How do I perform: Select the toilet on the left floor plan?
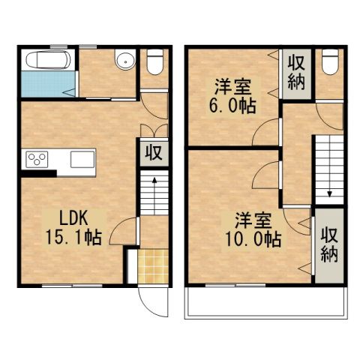pyautogui.click(x=154, y=61)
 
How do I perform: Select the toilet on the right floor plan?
pyautogui.click(x=328, y=61)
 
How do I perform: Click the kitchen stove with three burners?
pyautogui.click(x=37, y=159)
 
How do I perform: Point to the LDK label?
pyautogui.click(x=74, y=219)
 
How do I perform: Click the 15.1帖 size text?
pyautogui.click(x=73, y=238)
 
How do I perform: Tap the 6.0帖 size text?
pyautogui.click(x=231, y=105)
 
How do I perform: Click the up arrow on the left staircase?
pyautogui.click(x=154, y=180)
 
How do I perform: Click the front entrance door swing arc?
pyautogui.click(x=148, y=303)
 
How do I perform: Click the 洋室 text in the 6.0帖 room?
pyautogui.click(x=231, y=85)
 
